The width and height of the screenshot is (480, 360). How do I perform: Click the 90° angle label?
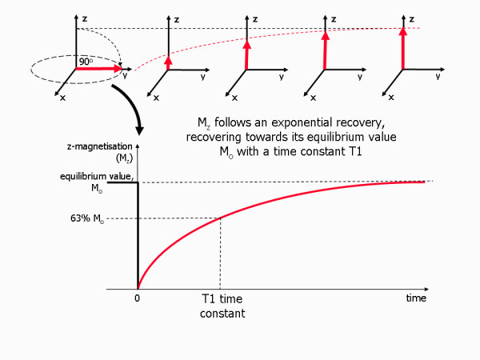pos(85,61)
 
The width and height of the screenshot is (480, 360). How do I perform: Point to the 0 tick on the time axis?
pos(138,298)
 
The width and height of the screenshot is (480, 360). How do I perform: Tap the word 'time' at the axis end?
pos(415,298)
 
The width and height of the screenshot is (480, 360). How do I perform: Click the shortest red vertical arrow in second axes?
pos(168,62)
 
